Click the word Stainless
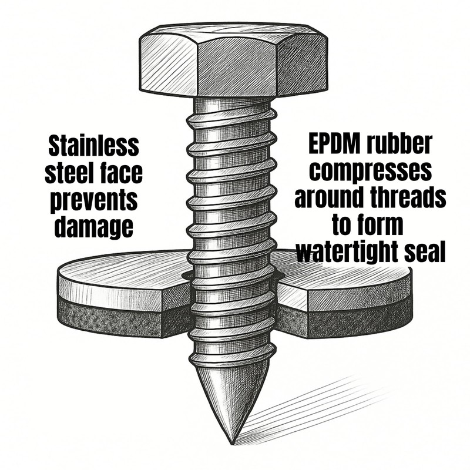click(x=93, y=146)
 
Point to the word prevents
click(x=93, y=200)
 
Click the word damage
click(x=93, y=227)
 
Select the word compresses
click(x=371, y=170)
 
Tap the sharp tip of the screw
click(x=231, y=444)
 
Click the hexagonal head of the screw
click(x=233, y=60)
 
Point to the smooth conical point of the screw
click(x=231, y=399)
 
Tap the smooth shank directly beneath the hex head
click(x=232, y=105)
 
